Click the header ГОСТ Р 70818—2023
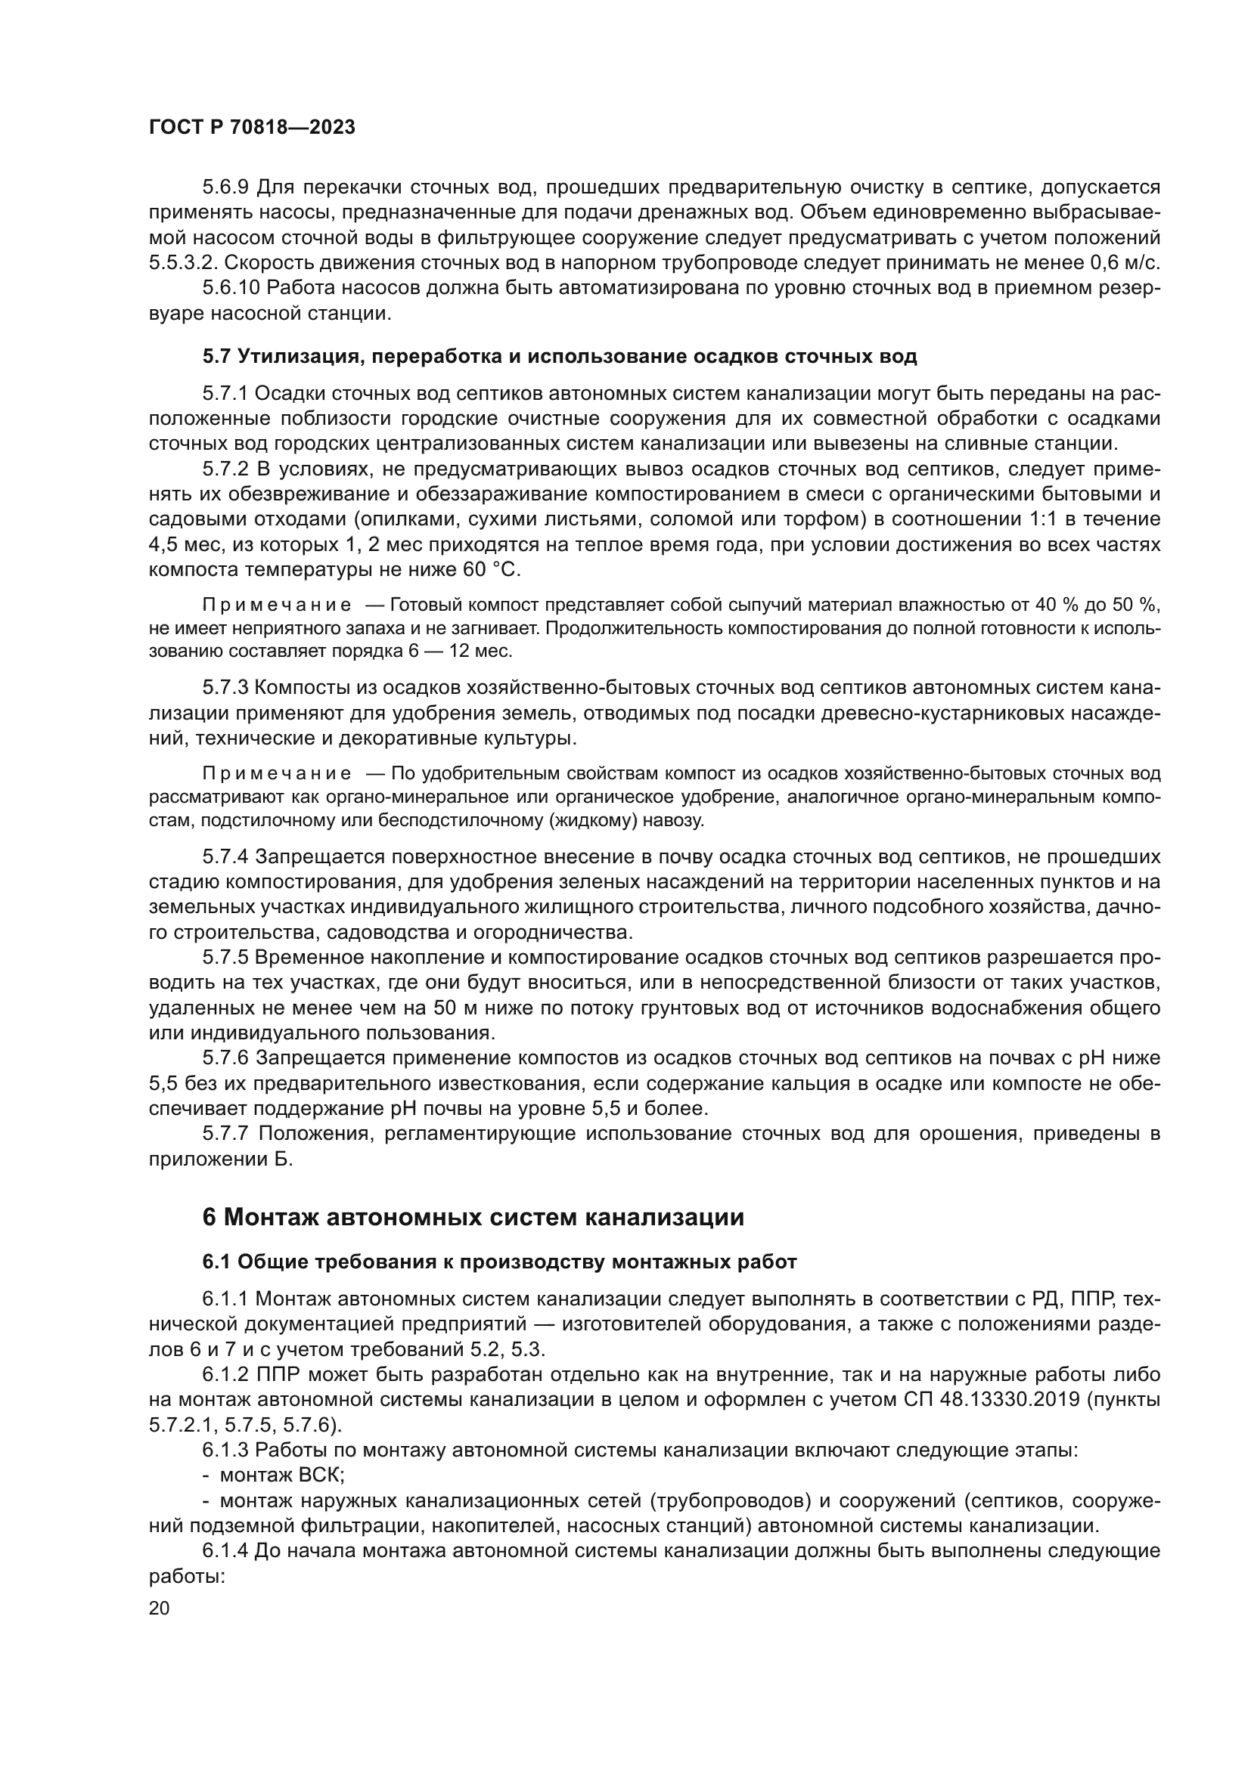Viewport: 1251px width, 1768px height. coord(252,128)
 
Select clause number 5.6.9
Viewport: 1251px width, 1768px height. coord(225,187)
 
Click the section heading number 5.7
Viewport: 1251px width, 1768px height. coord(216,357)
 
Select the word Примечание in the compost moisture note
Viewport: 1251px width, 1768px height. coord(278,605)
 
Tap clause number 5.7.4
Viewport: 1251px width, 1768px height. coord(225,857)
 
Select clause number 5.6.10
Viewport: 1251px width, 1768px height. coord(231,288)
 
